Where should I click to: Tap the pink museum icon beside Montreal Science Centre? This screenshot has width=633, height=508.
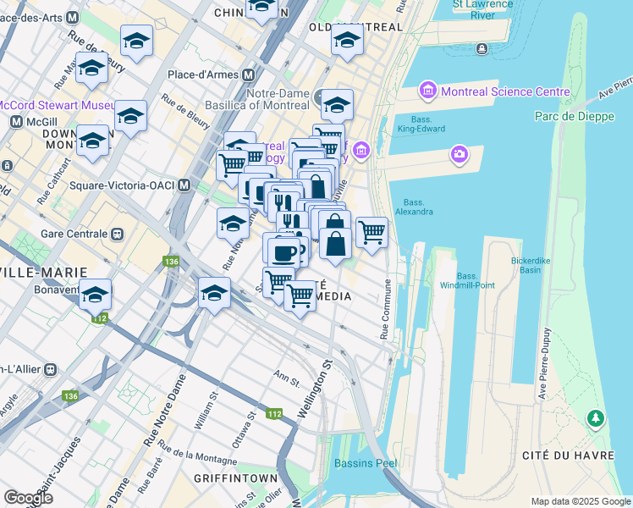427,91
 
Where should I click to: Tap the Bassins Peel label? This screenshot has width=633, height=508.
366,463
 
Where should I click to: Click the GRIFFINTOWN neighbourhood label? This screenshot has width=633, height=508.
235,478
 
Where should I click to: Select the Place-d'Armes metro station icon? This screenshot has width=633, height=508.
251,75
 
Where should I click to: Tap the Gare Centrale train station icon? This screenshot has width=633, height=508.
117,234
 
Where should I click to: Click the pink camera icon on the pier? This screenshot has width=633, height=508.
459,153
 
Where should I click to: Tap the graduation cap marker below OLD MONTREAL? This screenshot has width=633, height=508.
347,41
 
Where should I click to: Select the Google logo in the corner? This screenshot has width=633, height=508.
29,498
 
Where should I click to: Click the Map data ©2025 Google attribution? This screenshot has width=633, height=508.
580,501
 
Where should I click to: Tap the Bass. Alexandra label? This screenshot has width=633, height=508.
414,207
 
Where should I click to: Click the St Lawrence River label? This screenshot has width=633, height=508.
485,10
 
